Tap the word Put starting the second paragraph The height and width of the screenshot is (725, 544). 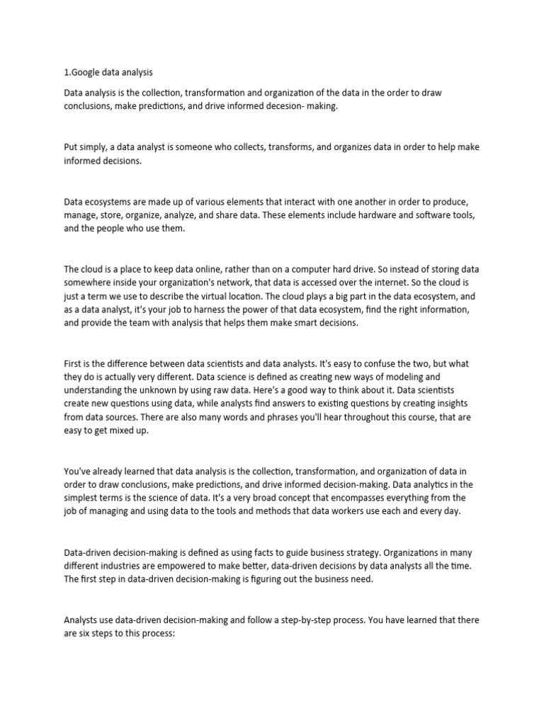coord(72,147)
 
